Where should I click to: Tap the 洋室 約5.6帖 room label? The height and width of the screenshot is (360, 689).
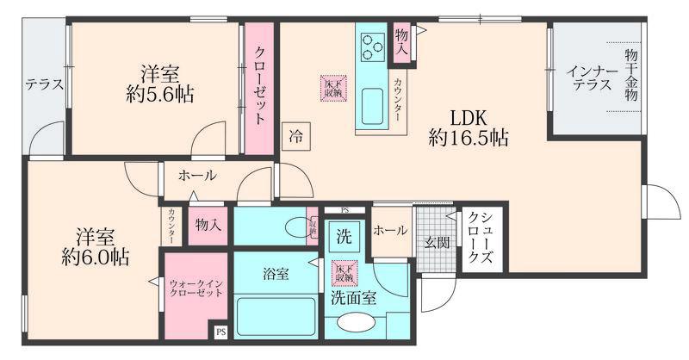pos(156,84)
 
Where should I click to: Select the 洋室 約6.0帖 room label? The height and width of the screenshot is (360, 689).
pos(95,245)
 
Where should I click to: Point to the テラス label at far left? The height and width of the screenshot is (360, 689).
pos(43,84)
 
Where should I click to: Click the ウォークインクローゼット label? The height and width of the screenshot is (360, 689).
pos(196,287)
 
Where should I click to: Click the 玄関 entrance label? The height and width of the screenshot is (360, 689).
pos(435,244)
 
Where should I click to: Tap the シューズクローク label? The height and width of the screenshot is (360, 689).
pos(476,240)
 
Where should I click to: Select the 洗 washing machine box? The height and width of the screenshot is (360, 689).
pos(344,237)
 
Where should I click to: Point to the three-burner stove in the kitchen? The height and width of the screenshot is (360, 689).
pos(373,45)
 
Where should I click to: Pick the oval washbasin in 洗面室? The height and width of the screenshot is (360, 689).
pos(354,324)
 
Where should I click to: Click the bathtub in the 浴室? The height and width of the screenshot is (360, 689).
pos(274,316)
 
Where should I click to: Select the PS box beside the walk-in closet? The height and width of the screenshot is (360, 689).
pos(220,331)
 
